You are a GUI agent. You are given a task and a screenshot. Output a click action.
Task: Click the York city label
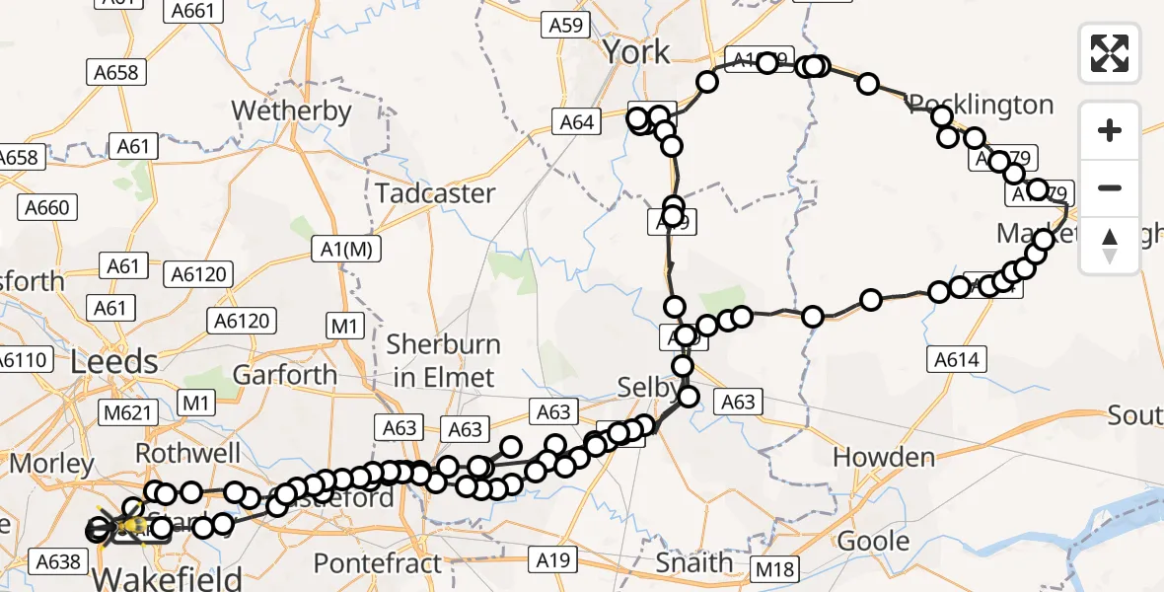pyautogui.click(x=636, y=51)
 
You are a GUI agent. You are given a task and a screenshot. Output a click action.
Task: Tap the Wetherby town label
pyautogui.click(x=291, y=111)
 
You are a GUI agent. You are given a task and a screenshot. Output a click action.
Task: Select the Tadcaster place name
pyautogui.click(x=435, y=192)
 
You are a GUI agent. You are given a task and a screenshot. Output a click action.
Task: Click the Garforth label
pyautogui.click(x=284, y=375)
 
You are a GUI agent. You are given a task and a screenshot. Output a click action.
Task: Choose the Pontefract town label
pyautogui.click(x=378, y=564)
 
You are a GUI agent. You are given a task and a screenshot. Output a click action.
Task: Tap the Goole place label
pyautogui.click(x=873, y=541)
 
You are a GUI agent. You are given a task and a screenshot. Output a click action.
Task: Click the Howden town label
pyautogui.click(x=884, y=457)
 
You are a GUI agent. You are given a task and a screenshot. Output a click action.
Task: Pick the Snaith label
pyautogui.click(x=696, y=562)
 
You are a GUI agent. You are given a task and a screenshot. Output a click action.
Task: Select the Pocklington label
pyautogui.click(x=981, y=105)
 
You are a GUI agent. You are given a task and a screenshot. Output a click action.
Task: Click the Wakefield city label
pyautogui.click(x=168, y=575)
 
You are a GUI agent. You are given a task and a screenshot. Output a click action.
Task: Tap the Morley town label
pyautogui.click(x=52, y=463)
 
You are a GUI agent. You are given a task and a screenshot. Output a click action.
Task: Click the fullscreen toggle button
pyautogui.click(x=1110, y=53)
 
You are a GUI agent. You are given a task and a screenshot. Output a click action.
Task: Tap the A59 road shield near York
pyautogui.click(x=566, y=26)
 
